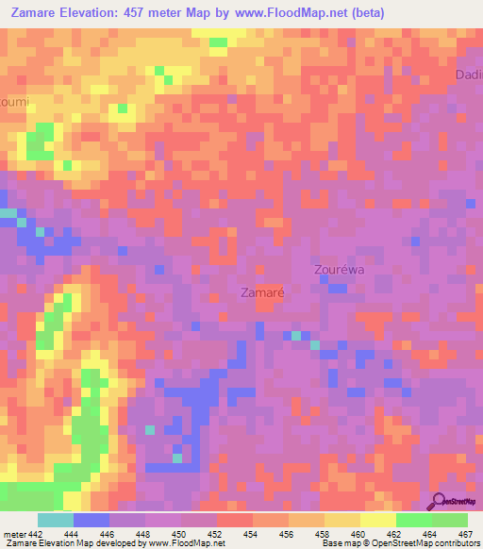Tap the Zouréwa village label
[x=339, y=269]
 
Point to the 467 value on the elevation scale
[x=465, y=533]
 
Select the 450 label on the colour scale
[x=177, y=533]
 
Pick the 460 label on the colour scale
[x=357, y=533]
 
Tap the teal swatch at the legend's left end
[x=56, y=520]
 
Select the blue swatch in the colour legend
[x=92, y=520]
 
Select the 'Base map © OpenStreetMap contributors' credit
[x=399, y=543]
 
